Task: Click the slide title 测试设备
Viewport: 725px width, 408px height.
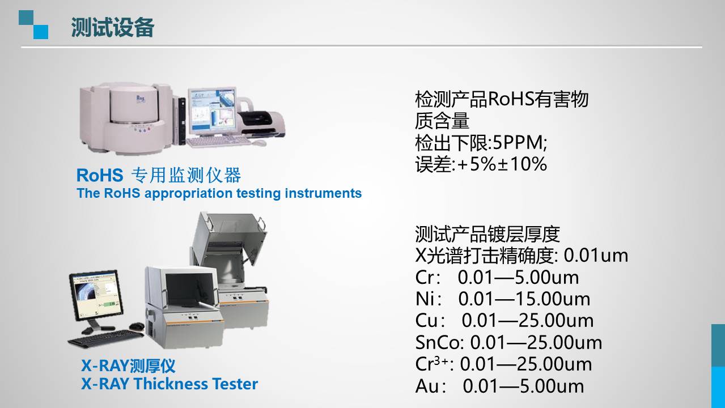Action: coord(112,27)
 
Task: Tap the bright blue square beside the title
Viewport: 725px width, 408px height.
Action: coord(41,32)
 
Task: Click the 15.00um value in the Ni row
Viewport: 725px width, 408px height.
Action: coord(553,299)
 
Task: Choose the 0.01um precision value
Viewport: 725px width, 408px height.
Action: coord(596,255)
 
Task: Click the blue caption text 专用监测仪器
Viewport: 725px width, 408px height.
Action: coord(186,175)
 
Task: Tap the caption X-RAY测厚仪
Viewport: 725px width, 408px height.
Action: coord(128,365)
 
